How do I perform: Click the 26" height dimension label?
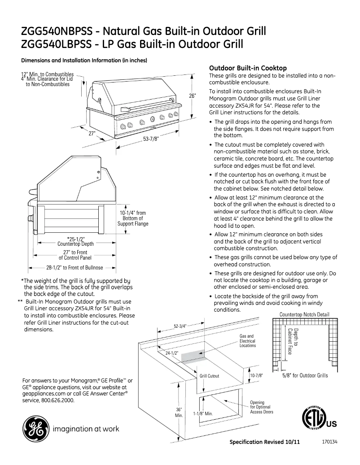point(192,96)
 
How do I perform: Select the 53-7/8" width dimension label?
point(151,139)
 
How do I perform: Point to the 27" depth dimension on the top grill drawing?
point(92,133)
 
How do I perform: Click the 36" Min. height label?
point(178,413)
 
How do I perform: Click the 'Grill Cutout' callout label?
point(209,376)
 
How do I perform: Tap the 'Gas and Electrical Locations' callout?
point(247,341)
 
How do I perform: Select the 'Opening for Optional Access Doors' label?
point(262,407)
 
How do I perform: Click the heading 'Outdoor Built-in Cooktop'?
point(248,68)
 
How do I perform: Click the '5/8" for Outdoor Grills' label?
point(305,375)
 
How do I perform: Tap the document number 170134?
point(330,441)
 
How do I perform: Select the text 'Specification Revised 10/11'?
point(264,442)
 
